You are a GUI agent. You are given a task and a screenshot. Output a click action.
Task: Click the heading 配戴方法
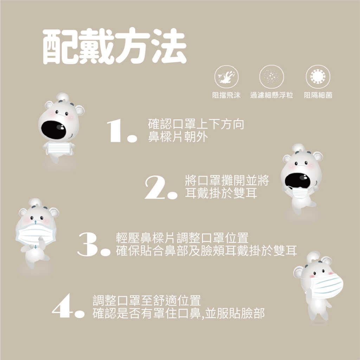(114, 48)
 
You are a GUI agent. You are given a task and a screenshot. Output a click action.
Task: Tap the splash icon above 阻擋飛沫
(226, 77)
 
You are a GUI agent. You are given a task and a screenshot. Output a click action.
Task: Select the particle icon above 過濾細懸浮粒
(271, 77)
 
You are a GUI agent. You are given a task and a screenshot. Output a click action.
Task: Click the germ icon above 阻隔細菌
(318, 77)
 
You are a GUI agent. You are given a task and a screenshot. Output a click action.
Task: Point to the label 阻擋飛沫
(226, 95)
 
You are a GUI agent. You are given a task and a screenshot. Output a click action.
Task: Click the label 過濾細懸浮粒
(271, 95)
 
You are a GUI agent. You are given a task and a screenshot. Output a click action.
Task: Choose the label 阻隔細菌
(318, 95)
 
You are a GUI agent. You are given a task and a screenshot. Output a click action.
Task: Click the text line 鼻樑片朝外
(178, 137)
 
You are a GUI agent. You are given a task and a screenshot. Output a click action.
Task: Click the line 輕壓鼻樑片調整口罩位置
(182, 238)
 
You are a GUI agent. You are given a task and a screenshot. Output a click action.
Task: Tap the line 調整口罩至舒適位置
(147, 301)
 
